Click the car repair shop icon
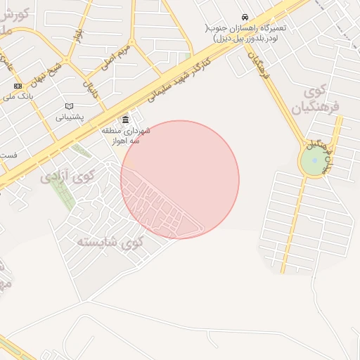(x=245, y=17)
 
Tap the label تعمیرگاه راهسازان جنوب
(x=251, y=33)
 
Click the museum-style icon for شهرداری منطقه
(x=126, y=119)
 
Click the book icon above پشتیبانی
(x=69, y=105)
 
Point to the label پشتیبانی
(x=70, y=117)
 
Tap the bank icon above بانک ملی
(x=18, y=86)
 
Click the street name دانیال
(x=91, y=87)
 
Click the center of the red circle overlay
(x=180, y=180)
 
